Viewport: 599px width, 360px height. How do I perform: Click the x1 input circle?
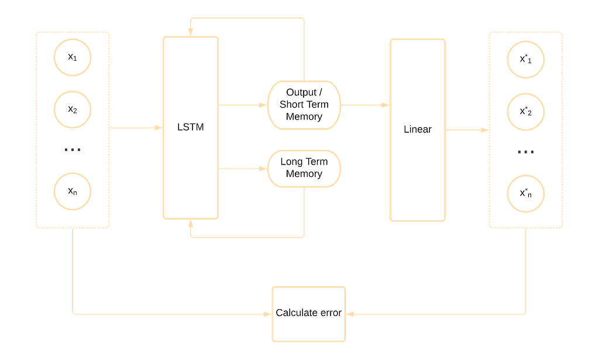coord(73,57)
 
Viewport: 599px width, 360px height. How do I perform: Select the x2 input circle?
coord(73,109)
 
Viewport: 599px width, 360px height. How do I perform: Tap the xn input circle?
coord(73,191)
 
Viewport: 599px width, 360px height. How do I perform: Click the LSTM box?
coord(191,127)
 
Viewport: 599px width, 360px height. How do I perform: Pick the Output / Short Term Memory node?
coord(304,105)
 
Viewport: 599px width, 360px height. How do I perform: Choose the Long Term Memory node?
coord(304,168)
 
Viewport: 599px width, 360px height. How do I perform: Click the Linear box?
coord(418,129)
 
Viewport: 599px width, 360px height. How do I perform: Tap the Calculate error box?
coord(308,313)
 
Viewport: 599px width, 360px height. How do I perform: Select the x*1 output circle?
coord(526,59)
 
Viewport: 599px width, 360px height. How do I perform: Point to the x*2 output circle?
coord(526,111)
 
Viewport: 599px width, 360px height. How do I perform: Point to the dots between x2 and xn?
coord(73,149)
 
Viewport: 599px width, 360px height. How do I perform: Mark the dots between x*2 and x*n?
coord(526,152)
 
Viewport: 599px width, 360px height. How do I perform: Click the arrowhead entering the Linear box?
coord(384,105)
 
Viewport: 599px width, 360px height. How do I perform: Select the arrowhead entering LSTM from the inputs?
coord(157,127)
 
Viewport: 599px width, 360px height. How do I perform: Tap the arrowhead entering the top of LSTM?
coord(190,29)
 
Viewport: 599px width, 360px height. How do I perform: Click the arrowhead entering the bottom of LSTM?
coord(190,226)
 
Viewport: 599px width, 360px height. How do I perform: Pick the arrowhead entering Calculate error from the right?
coord(352,314)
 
